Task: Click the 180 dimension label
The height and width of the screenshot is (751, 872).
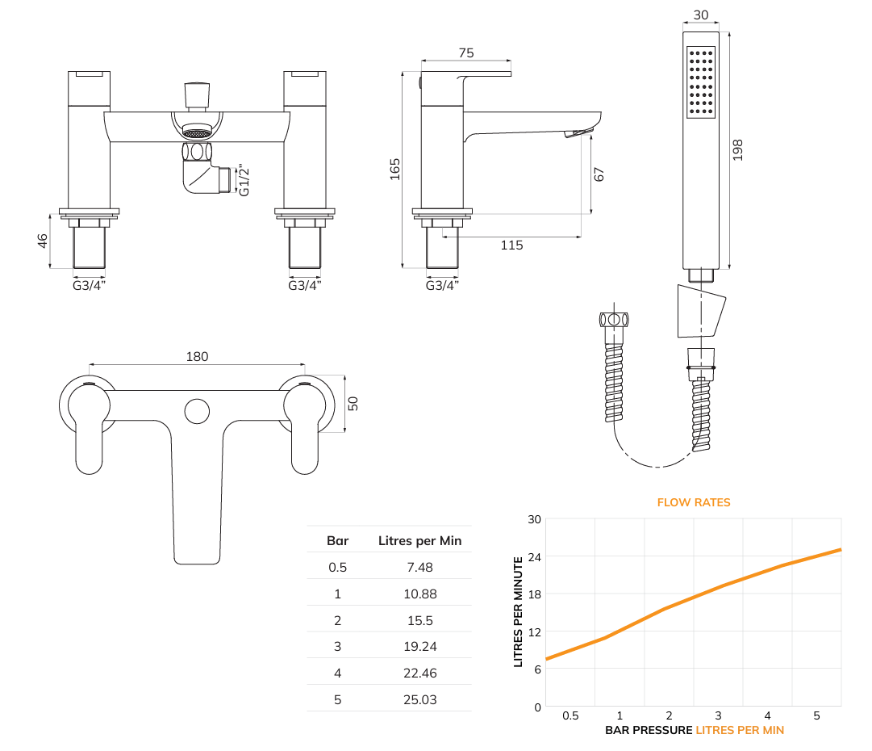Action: [x=197, y=356]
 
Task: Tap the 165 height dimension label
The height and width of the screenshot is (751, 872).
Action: [x=394, y=170]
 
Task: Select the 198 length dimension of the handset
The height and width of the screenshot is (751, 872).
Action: [x=738, y=150]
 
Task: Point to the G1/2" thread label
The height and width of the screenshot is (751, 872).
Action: [x=244, y=180]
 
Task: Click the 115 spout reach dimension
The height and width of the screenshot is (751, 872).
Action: [x=511, y=245]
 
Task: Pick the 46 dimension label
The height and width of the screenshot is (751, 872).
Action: [x=43, y=241]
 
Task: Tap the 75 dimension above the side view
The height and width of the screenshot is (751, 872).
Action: [x=466, y=52]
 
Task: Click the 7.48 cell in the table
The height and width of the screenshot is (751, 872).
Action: [x=420, y=567]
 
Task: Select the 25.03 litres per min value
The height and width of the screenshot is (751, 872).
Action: [x=420, y=700]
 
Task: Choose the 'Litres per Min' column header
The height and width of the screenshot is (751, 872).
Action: [x=420, y=540]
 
